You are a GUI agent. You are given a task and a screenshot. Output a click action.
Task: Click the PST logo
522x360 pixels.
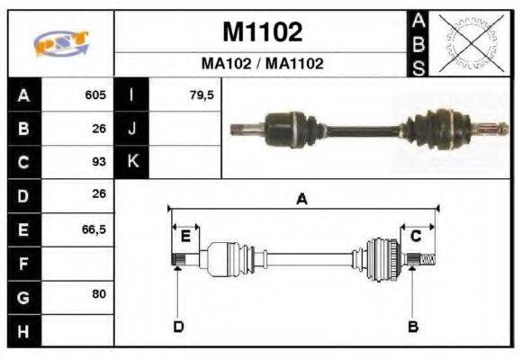[60, 43]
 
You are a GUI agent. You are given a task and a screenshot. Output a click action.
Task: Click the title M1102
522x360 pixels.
[262, 32]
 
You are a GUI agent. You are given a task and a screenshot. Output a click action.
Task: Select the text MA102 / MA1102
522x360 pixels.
[262, 64]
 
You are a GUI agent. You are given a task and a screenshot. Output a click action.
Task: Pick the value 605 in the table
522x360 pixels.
[95, 94]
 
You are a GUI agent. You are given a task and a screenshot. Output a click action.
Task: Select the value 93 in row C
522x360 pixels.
[99, 162]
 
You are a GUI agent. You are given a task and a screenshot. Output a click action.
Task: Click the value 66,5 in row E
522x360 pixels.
[94, 229]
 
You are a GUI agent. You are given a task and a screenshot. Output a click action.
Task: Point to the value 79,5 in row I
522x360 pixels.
[202, 94]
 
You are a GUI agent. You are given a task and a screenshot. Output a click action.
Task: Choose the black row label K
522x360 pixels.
[131, 162]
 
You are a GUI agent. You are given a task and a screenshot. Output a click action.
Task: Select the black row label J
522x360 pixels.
[131, 129]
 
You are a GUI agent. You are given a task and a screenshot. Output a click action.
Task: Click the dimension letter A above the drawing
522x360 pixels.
[302, 200]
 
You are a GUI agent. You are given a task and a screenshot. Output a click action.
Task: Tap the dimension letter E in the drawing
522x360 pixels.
[184, 237]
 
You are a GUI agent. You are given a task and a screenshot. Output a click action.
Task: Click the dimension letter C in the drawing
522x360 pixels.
[416, 237]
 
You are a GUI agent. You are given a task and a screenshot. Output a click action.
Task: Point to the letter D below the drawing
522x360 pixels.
[178, 326]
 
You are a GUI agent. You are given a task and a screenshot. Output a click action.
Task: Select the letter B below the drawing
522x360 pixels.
[413, 326]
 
